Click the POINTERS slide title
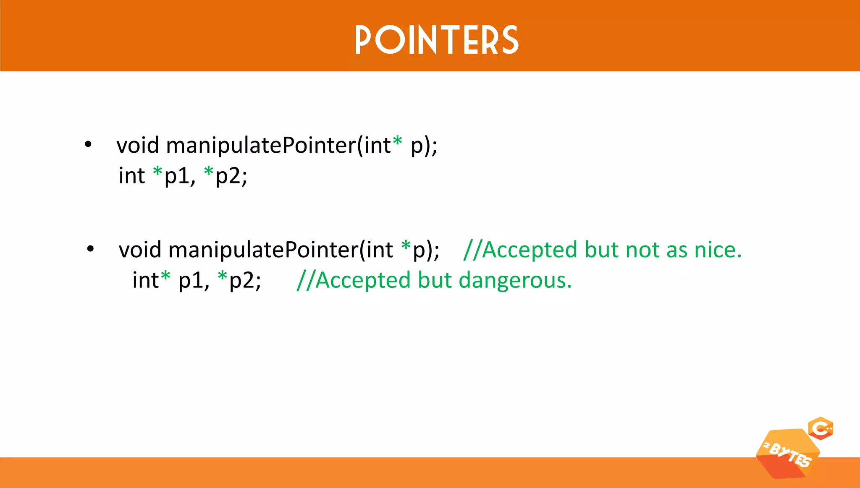[x=437, y=40]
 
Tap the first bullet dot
[x=88, y=144]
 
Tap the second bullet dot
[x=90, y=249]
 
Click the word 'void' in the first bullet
[x=138, y=145]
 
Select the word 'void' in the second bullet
[x=140, y=250]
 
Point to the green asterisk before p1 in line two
[x=157, y=172]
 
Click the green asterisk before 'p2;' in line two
[x=209, y=172]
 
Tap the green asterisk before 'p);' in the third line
[x=406, y=246]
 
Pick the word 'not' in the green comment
[x=642, y=250]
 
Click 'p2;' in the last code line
[x=245, y=280]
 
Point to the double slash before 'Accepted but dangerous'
[x=305, y=280]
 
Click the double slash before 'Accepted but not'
[x=472, y=250]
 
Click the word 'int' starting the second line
[x=131, y=175]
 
